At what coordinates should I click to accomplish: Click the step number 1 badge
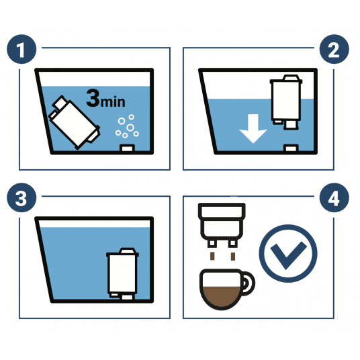(21, 49)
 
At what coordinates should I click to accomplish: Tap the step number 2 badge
(334, 49)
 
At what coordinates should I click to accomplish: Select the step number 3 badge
(21, 197)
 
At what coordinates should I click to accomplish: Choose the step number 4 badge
(334, 197)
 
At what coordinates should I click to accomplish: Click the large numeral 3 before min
(93, 98)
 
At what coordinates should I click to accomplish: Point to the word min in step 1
(113, 101)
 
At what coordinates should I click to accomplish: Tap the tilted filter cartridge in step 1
(74, 122)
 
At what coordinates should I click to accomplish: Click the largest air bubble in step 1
(130, 128)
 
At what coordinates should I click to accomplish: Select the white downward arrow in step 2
(253, 128)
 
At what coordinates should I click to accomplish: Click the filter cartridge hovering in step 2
(286, 101)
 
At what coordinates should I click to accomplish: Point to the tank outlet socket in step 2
(291, 148)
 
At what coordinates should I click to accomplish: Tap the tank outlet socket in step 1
(127, 148)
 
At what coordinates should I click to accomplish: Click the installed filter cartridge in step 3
(123, 273)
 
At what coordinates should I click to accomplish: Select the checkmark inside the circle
(288, 255)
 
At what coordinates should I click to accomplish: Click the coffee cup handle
(249, 283)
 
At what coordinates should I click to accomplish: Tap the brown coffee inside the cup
(222, 297)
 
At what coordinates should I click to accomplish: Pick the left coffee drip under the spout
(212, 256)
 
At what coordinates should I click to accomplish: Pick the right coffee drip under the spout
(233, 256)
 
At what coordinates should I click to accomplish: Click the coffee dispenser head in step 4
(222, 225)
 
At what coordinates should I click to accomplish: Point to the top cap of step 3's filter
(128, 251)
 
